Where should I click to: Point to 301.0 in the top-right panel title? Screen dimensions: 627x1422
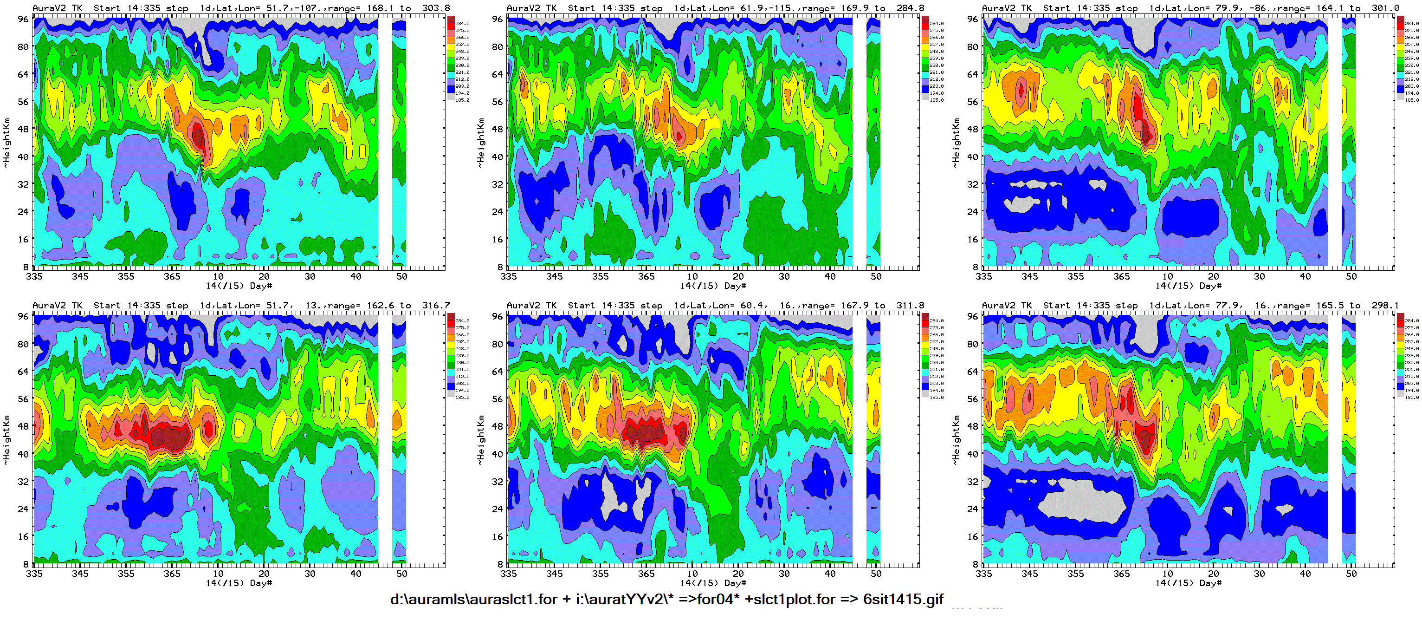[x=1385, y=8]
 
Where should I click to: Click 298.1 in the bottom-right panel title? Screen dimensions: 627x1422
[x=1385, y=305]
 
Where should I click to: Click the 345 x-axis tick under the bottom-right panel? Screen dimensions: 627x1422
[x=1029, y=574]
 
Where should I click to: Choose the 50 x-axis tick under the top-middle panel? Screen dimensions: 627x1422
[x=876, y=276]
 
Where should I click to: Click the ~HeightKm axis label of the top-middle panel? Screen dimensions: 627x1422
[x=480, y=142]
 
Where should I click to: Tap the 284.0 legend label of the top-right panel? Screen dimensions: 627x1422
[x=1411, y=24]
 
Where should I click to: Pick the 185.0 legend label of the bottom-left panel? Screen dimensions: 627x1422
[x=462, y=397]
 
